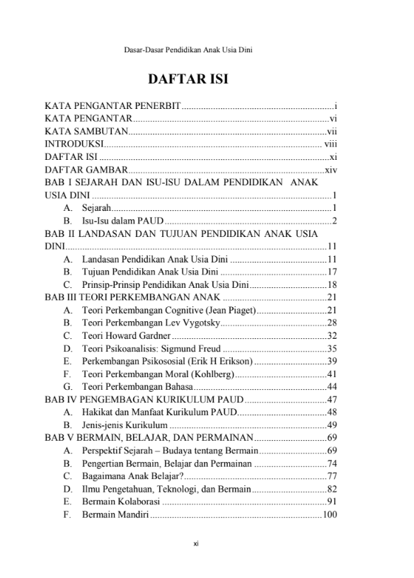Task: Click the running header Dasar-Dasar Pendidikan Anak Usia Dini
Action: [x=188, y=50]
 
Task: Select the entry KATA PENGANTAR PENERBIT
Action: [x=113, y=107]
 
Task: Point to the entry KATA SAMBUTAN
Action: [x=86, y=132]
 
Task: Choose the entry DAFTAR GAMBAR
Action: [x=86, y=170]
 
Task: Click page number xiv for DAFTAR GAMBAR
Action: [x=330, y=170]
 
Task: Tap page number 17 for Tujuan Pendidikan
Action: [x=331, y=272]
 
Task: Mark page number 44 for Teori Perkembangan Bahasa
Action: [x=331, y=386]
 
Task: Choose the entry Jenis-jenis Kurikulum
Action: [x=125, y=424]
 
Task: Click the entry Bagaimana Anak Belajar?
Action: [x=132, y=475]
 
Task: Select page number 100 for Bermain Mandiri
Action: [x=329, y=514]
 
